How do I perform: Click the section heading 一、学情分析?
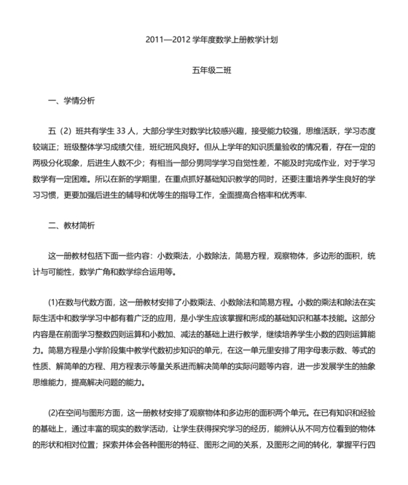pyautogui.click(x=71, y=101)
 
